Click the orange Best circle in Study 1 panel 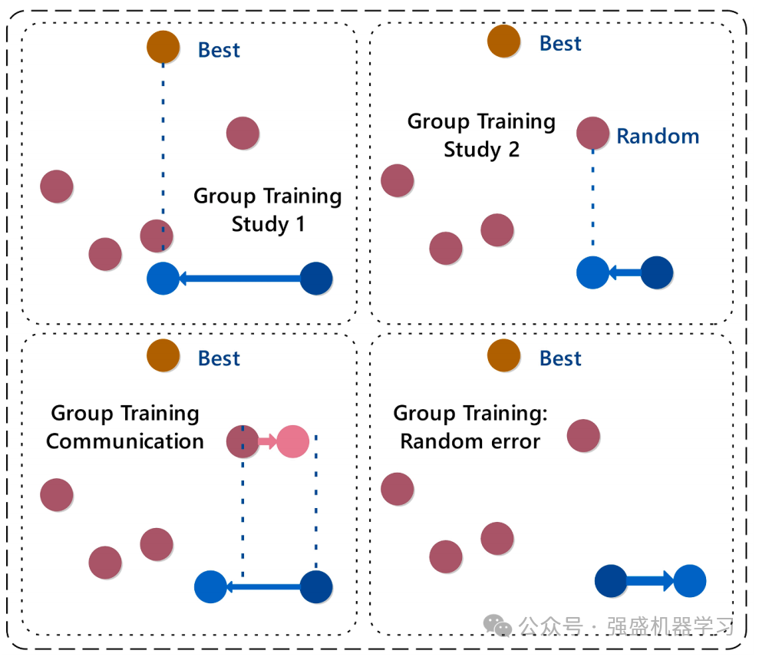tap(163, 48)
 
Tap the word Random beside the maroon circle tap(658, 137)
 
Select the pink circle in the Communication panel tap(292, 441)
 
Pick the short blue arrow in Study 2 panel tap(625, 272)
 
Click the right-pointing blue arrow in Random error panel tap(650, 581)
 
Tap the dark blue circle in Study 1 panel tap(316, 278)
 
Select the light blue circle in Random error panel tap(689, 581)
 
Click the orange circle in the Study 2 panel tap(503, 41)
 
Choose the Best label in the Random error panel tap(560, 358)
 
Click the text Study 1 tap(268, 225)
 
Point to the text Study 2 tap(481, 150)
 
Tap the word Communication tap(125, 441)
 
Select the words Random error tap(470, 441)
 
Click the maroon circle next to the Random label tap(592, 134)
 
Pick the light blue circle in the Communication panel tap(210, 587)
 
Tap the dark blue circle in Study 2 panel tap(657, 272)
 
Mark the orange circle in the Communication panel tap(163, 356)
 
